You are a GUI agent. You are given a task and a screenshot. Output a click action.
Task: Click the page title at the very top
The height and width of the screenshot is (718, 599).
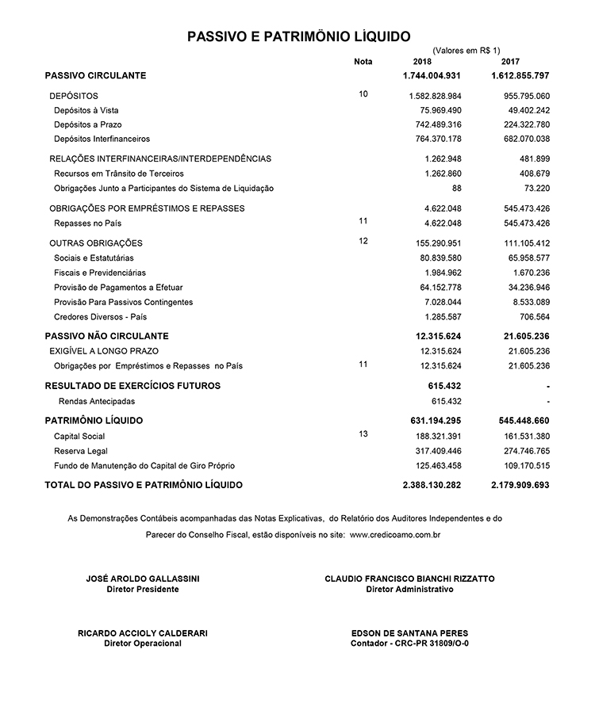pyautogui.click(x=298, y=36)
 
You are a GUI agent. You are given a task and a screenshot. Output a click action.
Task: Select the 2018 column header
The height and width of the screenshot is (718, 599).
pyautogui.click(x=423, y=62)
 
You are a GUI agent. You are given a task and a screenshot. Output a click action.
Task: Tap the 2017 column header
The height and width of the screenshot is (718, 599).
pyautogui.click(x=511, y=62)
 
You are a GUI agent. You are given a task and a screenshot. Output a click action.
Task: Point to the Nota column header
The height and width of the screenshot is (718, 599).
pyautogui.click(x=363, y=62)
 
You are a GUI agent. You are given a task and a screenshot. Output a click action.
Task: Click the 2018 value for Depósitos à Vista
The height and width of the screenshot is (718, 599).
pyautogui.click(x=440, y=110)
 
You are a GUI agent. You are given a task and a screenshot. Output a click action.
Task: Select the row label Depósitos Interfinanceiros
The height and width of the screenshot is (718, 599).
pyautogui.click(x=102, y=139)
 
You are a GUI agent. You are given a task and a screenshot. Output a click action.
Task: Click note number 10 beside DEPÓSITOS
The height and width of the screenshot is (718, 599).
pyautogui.click(x=363, y=94)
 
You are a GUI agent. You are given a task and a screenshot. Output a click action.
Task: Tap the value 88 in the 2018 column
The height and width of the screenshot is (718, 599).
pyautogui.click(x=456, y=188)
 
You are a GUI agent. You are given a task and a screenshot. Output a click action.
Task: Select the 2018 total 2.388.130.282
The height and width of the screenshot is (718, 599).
pyautogui.click(x=432, y=484)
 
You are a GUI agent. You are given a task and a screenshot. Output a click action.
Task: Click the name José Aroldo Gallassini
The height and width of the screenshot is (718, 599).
pyautogui.click(x=143, y=579)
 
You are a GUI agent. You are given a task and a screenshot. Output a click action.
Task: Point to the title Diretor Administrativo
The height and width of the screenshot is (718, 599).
pyautogui.click(x=409, y=590)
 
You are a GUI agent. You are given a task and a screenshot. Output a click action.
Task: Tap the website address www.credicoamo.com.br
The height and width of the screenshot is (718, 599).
pyautogui.click(x=394, y=536)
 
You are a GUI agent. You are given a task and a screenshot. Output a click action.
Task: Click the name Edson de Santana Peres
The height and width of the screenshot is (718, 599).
pyautogui.click(x=409, y=633)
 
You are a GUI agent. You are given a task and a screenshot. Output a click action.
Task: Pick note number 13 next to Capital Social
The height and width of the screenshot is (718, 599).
pyautogui.click(x=363, y=434)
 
